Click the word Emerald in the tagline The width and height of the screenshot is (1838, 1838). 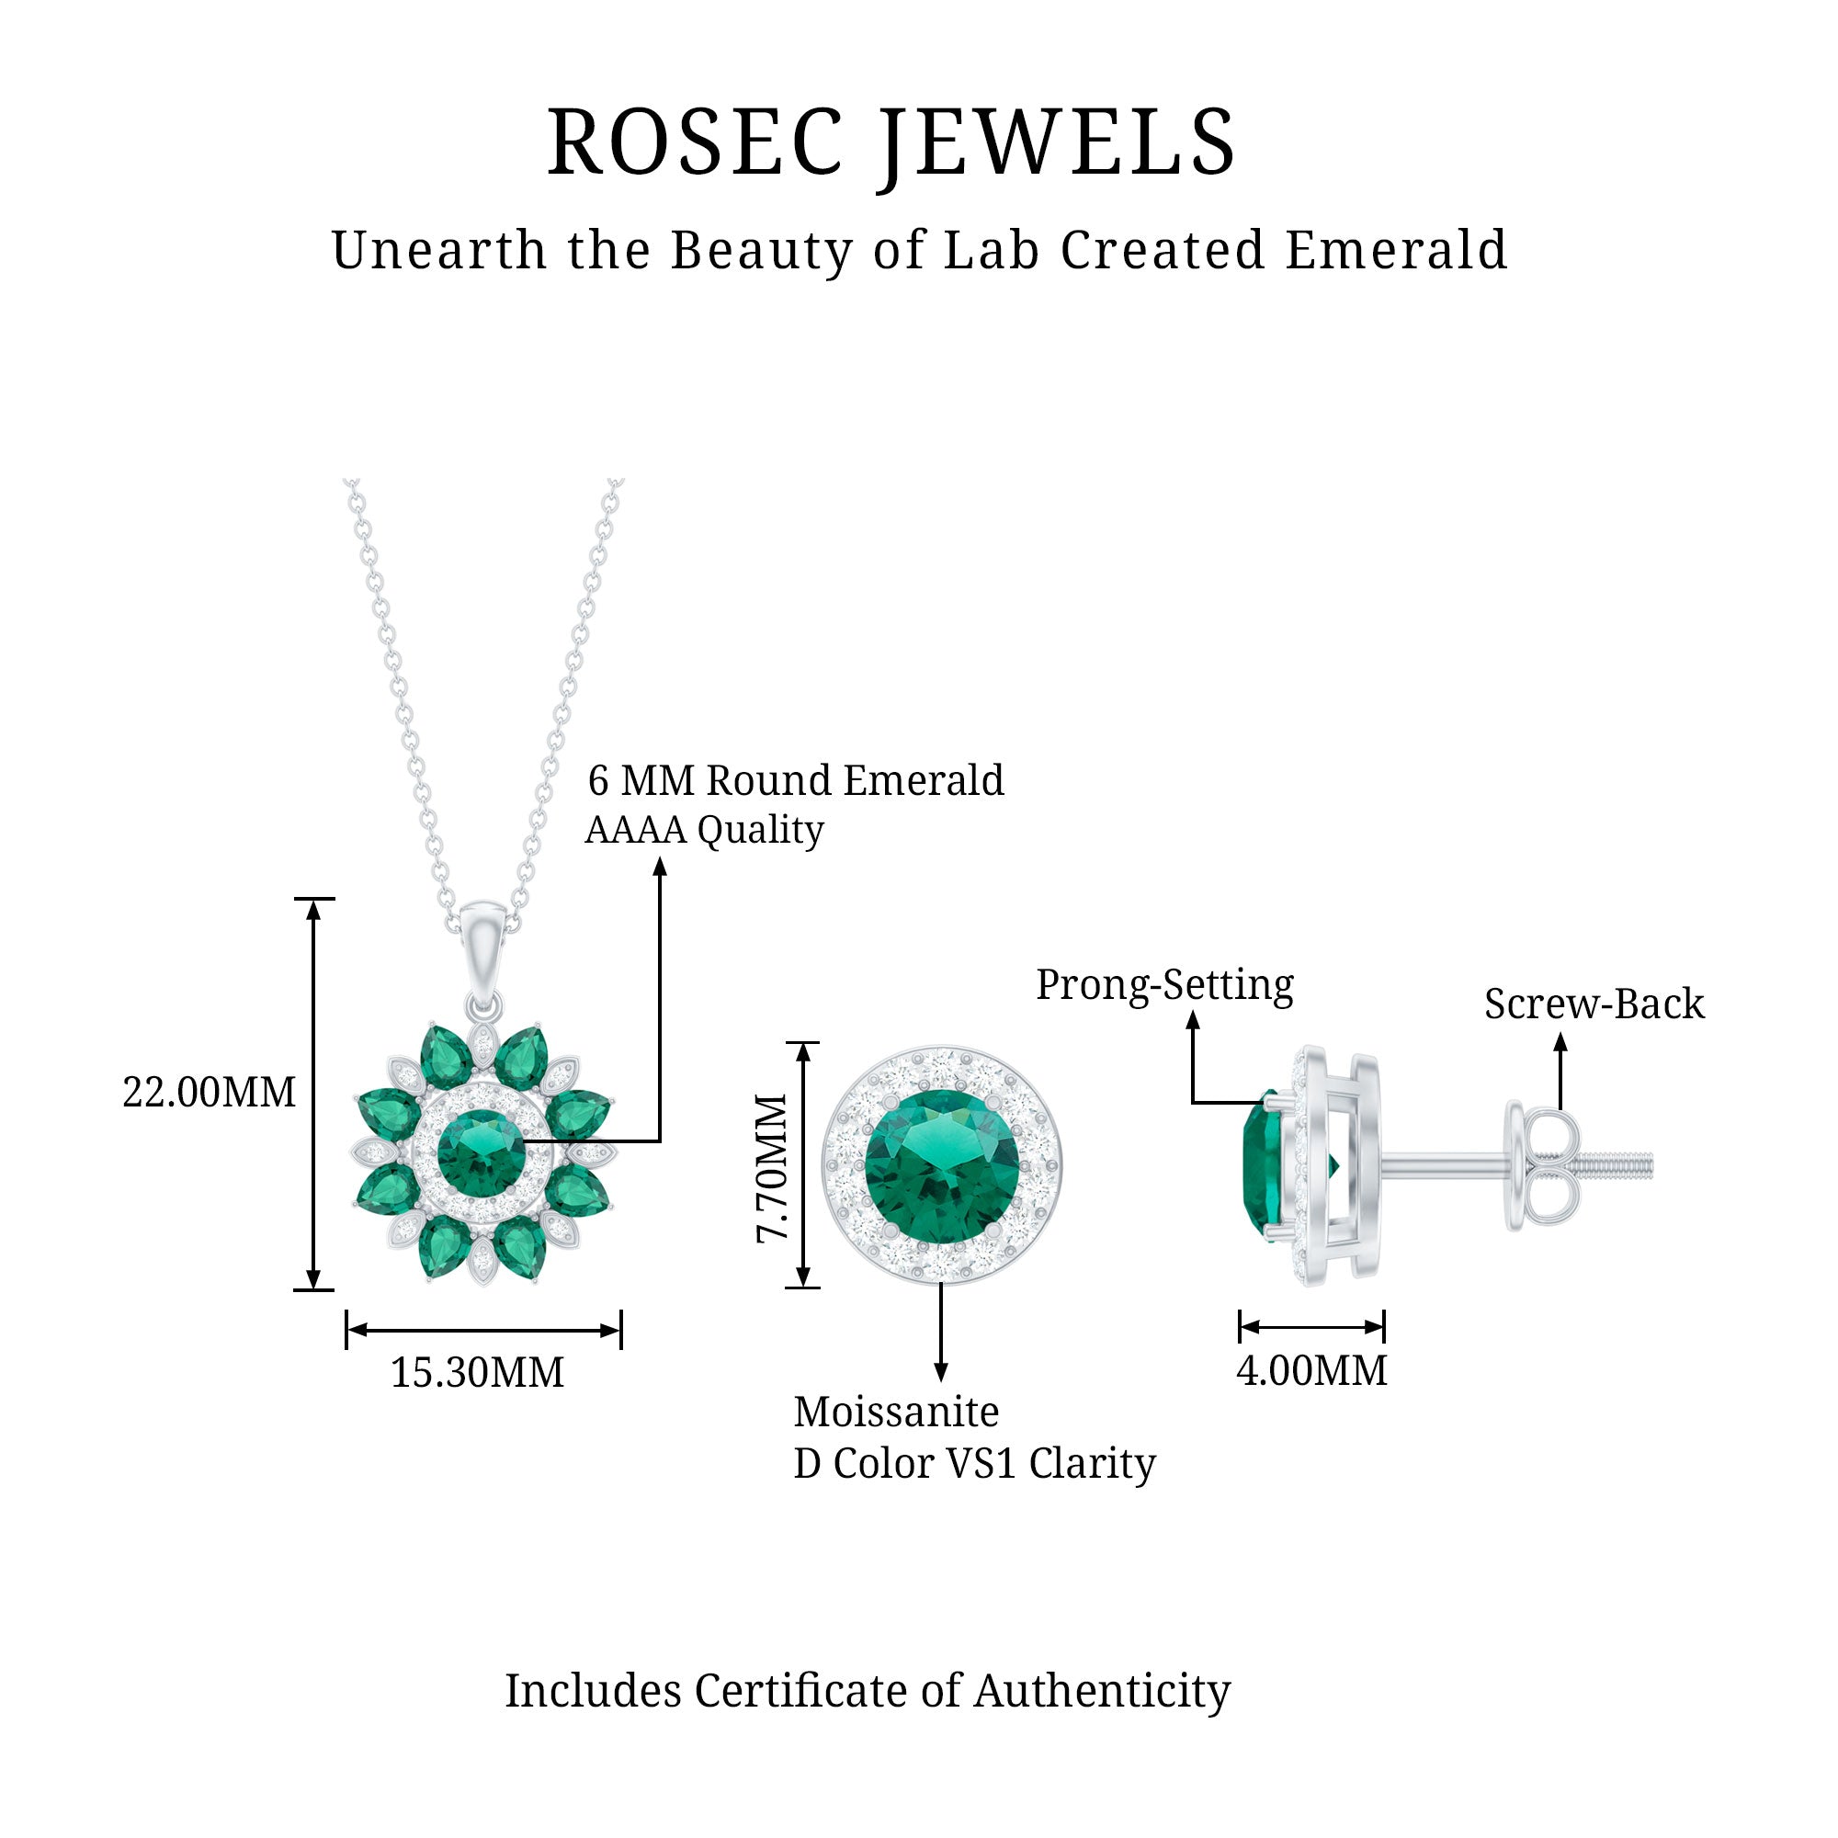(1396, 250)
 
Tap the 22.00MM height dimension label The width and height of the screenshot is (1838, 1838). (210, 1092)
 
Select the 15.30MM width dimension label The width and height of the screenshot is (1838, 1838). (478, 1372)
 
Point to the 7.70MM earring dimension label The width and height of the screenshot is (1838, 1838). (773, 1168)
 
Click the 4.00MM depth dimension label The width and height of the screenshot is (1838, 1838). (1311, 1370)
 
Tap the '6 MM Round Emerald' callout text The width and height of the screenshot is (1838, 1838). (795, 781)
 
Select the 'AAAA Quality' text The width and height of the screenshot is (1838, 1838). (704, 830)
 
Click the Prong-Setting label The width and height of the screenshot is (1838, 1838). (1164, 984)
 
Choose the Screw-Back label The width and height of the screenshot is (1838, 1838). (1594, 1004)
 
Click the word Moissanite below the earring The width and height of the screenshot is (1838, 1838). (896, 1412)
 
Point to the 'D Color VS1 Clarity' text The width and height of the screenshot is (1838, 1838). (974, 1463)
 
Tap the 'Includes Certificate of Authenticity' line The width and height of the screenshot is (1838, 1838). (868, 1691)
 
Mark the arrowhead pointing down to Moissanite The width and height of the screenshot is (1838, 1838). (941, 1371)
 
